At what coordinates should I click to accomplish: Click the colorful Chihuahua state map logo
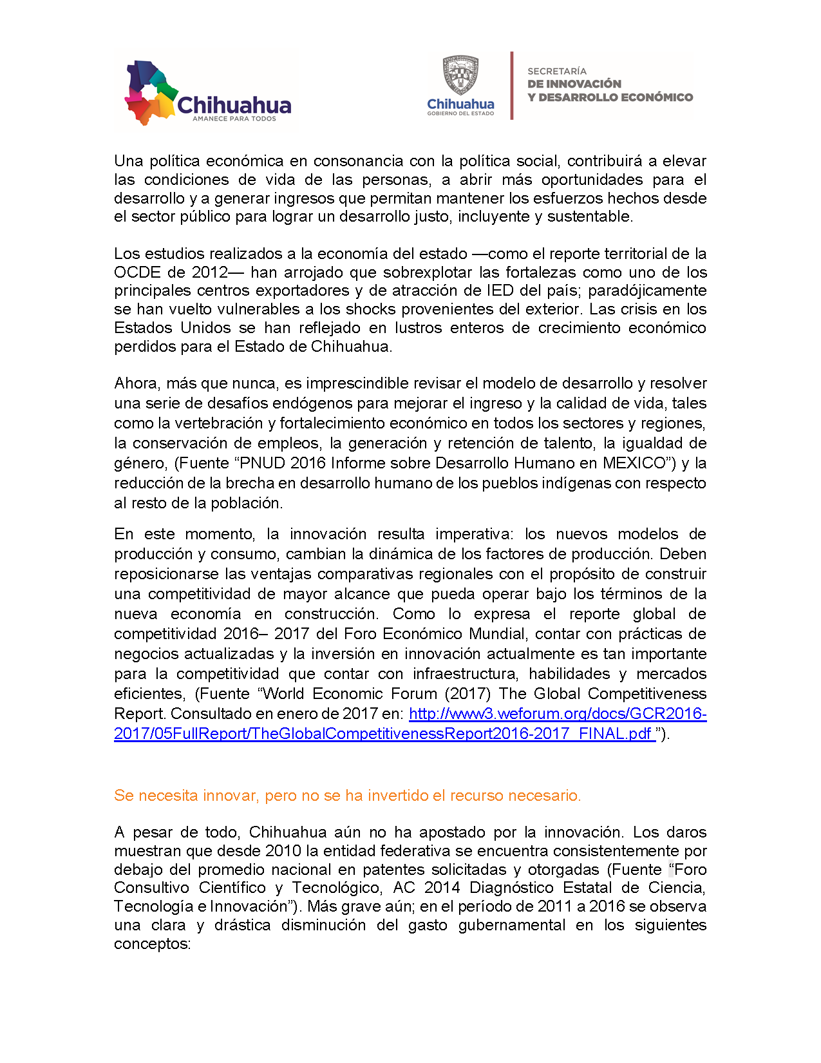[151, 92]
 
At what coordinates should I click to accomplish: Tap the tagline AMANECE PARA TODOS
[234, 119]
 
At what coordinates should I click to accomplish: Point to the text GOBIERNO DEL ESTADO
[460, 113]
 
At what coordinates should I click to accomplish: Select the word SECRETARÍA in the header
[557, 71]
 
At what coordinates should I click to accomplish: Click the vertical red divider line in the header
[512, 86]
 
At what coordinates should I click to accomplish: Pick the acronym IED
[500, 291]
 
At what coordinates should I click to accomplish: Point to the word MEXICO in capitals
[634, 463]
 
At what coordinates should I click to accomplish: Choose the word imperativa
[475, 534]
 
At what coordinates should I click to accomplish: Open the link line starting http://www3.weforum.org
[558, 714]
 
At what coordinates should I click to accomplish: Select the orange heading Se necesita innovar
[347, 796]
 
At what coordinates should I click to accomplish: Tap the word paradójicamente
[647, 291]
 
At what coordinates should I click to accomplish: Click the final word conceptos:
[153, 944]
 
